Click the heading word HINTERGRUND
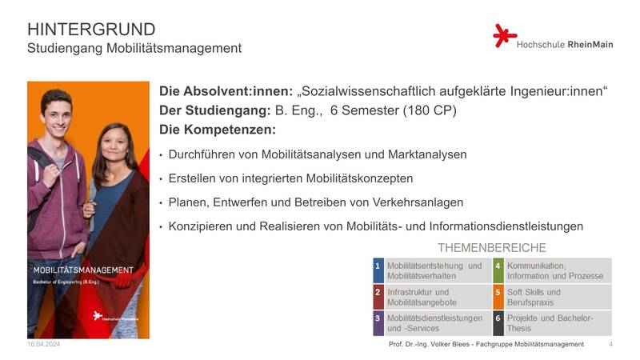(x=91, y=30)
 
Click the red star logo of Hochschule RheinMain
(x=504, y=35)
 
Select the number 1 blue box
(x=378, y=270)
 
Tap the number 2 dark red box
(x=378, y=297)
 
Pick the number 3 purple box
(x=378, y=323)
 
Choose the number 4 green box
(x=498, y=270)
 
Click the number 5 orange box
(x=498, y=297)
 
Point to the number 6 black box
(x=498, y=323)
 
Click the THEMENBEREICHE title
(x=492, y=248)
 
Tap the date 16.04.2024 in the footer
(x=44, y=344)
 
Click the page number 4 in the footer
(x=610, y=344)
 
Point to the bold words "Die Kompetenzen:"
(x=218, y=130)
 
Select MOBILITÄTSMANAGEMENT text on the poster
(x=83, y=270)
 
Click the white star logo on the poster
(x=97, y=315)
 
